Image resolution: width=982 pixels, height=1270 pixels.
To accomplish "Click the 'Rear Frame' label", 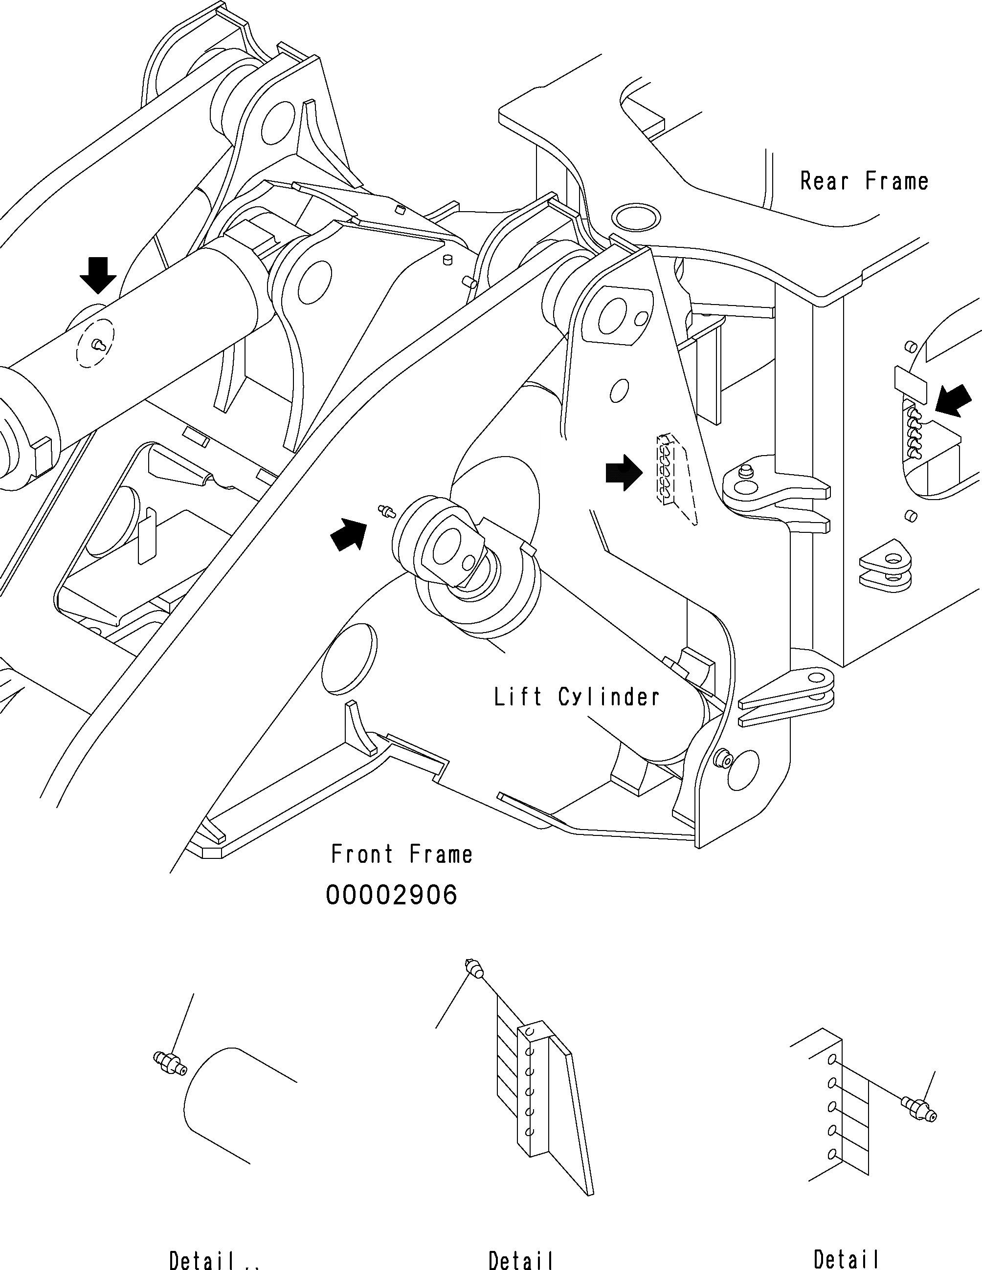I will pyautogui.click(x=864, y=181).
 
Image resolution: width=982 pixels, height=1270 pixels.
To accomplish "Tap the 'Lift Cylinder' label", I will pyautogui.click(x=577, y=697).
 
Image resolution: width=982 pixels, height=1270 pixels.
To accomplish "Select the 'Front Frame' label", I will pyautogui.click(x=402, y=854).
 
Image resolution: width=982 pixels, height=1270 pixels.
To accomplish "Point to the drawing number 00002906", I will pyautogui.click(x=392, y=896).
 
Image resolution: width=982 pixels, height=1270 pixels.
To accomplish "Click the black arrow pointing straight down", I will pyautogui.click(x=98, y=276).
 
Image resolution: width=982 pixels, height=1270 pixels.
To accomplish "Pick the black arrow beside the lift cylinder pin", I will pyautogui.click(x=349, y=534).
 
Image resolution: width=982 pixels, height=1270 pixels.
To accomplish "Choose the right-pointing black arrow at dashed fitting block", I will pyautogui.click(x=624, y=472).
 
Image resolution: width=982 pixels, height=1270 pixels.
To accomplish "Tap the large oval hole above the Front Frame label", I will pyautogui.click(x=349, y=658).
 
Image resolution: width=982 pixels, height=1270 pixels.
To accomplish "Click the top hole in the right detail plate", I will pyautogui.click(x=831, y=1058).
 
